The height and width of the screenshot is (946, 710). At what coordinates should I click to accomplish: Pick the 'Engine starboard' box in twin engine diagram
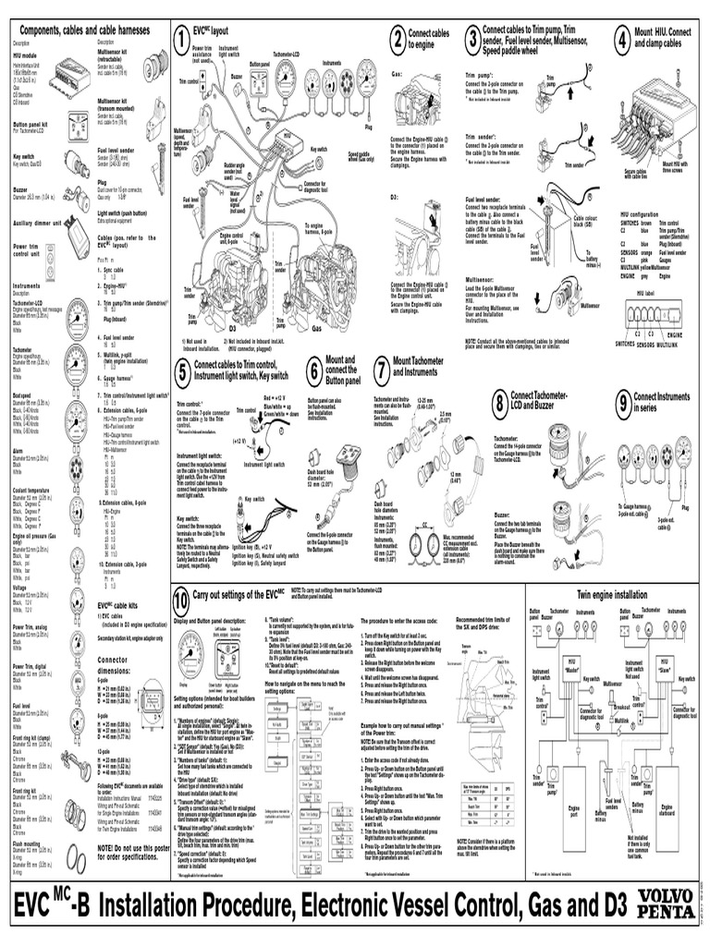pyautogui.click(x=667, y=808)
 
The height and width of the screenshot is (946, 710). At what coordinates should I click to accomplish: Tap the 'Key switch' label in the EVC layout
pyautogui.click(x=319, y=149)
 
